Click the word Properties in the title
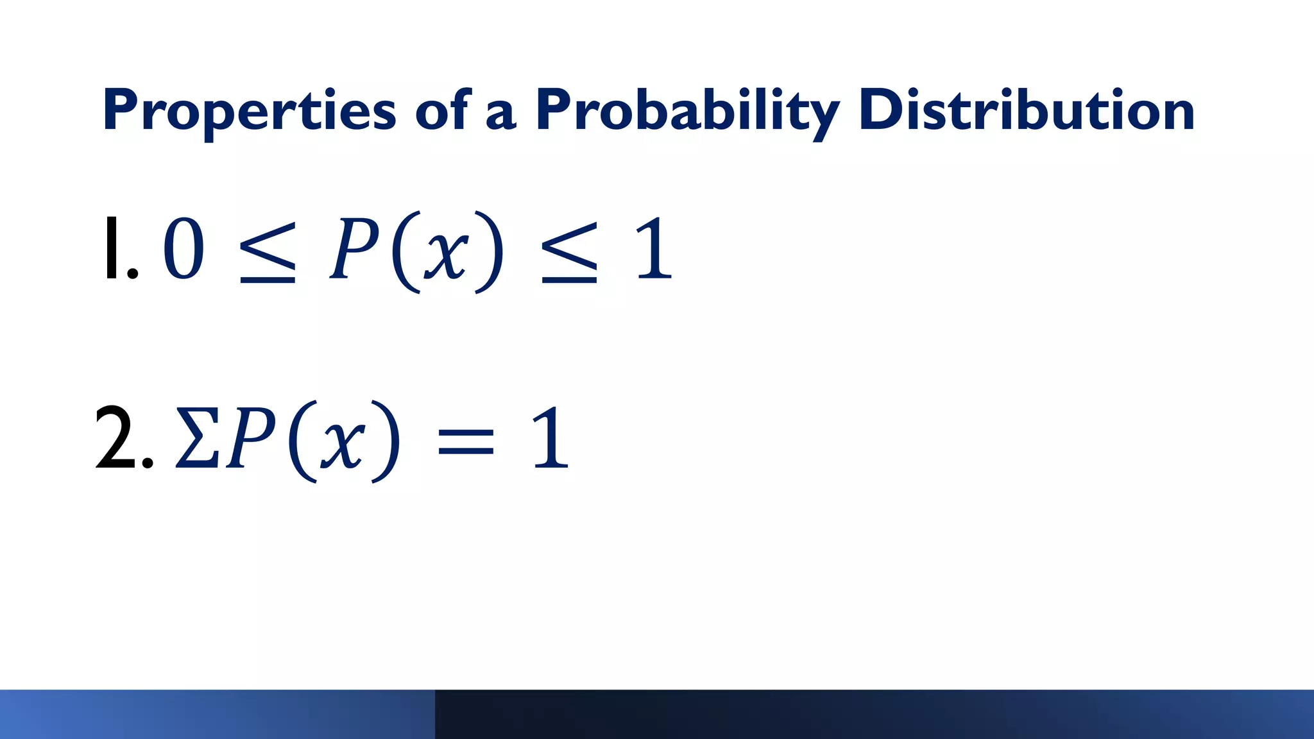249,110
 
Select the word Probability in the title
687,110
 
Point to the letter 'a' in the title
501,114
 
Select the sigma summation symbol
198,439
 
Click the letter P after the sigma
251,439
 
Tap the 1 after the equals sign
550,439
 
